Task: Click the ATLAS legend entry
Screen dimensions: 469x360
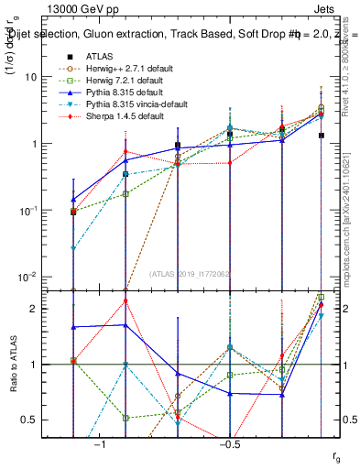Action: click(x=99, y=56)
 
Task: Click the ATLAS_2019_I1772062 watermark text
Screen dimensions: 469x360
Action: click(x=189, y=274)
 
